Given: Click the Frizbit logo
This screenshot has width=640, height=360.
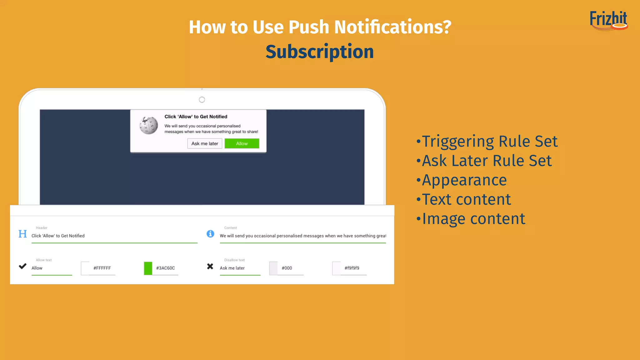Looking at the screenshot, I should [x=608, y=21].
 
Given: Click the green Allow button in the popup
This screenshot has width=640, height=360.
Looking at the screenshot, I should [x=242, y=143].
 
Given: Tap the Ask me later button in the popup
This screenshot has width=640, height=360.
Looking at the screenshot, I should [x=205, y=143].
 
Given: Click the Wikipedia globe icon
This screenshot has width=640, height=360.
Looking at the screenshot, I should [x=149, y=125].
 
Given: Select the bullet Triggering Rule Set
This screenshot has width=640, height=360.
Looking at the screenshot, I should [x=489, y=141].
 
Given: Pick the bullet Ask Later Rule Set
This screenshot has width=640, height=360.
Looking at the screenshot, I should [x=487, y=161].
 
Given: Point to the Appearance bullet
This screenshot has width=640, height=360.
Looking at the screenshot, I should [x=464, y=180].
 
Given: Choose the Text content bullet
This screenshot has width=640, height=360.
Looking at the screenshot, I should [x=466, y=199].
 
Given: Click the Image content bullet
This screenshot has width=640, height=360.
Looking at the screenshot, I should [x=473, y=219].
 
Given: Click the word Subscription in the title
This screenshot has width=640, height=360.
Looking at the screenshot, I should [x=319, y=52].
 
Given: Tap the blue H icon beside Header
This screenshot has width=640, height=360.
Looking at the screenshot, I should [x=22, y=234].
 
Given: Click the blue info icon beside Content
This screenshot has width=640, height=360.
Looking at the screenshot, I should [x=210, y=234].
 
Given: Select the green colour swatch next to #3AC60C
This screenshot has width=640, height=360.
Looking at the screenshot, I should [x=148, y=268].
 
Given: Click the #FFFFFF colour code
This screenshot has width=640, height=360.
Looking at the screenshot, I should [x=102, y=268].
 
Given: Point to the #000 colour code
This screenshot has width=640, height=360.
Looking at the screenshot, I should [x=287, y=268].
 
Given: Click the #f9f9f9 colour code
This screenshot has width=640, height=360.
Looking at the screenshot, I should [x=352, y=268].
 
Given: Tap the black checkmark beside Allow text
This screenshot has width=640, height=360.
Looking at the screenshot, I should [x=22, y=266].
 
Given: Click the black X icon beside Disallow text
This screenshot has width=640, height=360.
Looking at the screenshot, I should [x=210, y=266].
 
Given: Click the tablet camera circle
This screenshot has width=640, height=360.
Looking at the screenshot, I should [x=202, y=100].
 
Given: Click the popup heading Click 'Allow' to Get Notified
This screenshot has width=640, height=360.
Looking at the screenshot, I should [x=196, y=117].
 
